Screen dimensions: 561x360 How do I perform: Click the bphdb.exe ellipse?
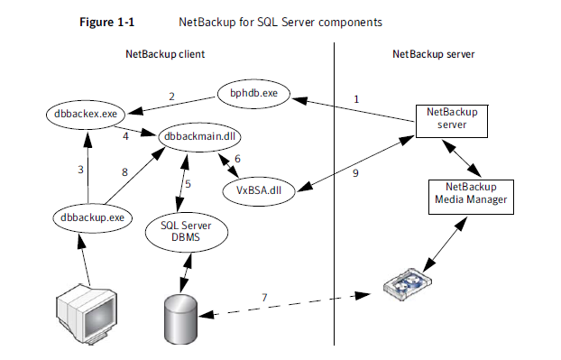point(253,94)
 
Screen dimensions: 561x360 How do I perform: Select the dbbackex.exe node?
point(86,115)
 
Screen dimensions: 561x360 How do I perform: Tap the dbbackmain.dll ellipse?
point(199,136)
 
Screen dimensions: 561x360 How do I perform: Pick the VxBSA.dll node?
point(259,190)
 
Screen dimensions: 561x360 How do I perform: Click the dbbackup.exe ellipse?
point(92,217)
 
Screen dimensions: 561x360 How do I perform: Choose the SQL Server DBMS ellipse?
point(187,232)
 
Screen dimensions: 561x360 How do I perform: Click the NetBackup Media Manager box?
point(471,197)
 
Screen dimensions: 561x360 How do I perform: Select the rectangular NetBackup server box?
point(452,121)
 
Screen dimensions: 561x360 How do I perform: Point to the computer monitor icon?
point(87,314)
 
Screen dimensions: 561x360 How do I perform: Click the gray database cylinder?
point(180,319)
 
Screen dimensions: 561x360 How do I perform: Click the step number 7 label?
point(264,298)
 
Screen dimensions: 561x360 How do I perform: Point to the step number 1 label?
point(356,99)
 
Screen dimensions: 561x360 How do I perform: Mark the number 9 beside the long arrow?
point(355,173)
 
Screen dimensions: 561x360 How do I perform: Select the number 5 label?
point(188,184)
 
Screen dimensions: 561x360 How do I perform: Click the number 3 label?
point(80,170)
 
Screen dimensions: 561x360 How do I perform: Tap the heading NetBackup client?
point(165,54)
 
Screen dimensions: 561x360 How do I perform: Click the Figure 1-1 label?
point(106,23)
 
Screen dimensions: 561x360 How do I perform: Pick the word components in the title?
point(350,23)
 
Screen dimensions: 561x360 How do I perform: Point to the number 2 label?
point(171,97)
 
